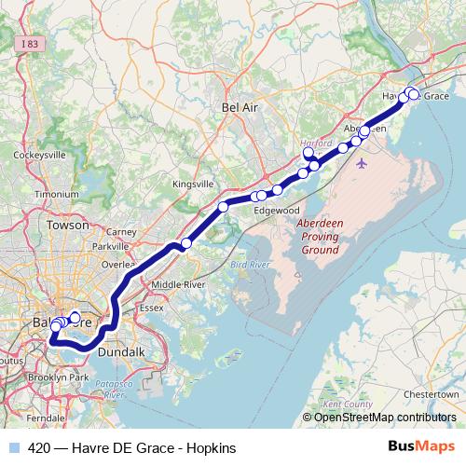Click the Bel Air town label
tap(239, 109)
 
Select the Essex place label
tap(150, 307)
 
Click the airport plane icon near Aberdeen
tap(363, 162)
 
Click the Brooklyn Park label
tap(58, 377)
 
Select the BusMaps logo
tap(427, 447)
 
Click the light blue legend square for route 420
tap(15, 447)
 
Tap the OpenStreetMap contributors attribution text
tap(383, 417)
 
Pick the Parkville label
tap(111, 247)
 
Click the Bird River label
tap(249, 266)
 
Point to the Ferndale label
tap(46, 419)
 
